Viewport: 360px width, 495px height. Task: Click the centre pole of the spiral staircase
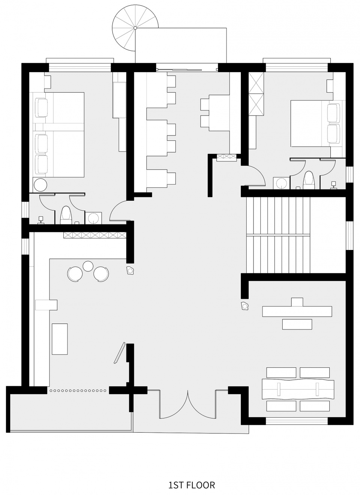pos(135,28)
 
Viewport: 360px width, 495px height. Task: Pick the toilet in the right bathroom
pos(309,180)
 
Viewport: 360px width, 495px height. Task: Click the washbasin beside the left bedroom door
pos(93,218)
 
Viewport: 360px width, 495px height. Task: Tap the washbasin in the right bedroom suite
pos(281,183)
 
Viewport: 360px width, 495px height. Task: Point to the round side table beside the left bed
pos(40,185)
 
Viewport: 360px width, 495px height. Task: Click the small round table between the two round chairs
pos(88,266)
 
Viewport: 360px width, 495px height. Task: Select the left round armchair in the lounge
pos(75,274)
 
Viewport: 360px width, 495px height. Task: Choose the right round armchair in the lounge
pos(101,274)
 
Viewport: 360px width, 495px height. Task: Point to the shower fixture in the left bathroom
pos(40,220)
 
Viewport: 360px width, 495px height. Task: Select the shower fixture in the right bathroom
pos(333,185)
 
